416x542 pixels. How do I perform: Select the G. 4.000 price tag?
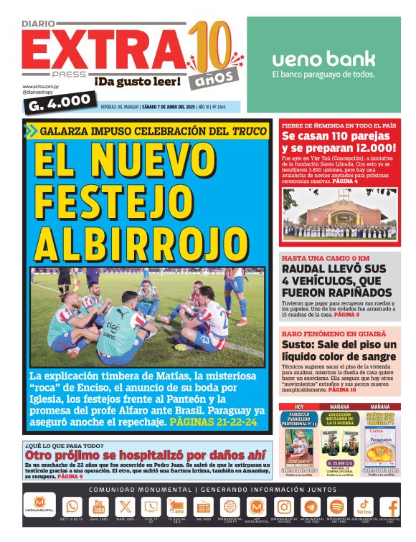click(x=60, y=103)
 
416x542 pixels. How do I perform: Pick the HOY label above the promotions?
click(x=299, y=406)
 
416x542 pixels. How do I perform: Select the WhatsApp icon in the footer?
click(x=72, y=506)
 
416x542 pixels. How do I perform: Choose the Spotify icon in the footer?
click(x=337, y=506)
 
